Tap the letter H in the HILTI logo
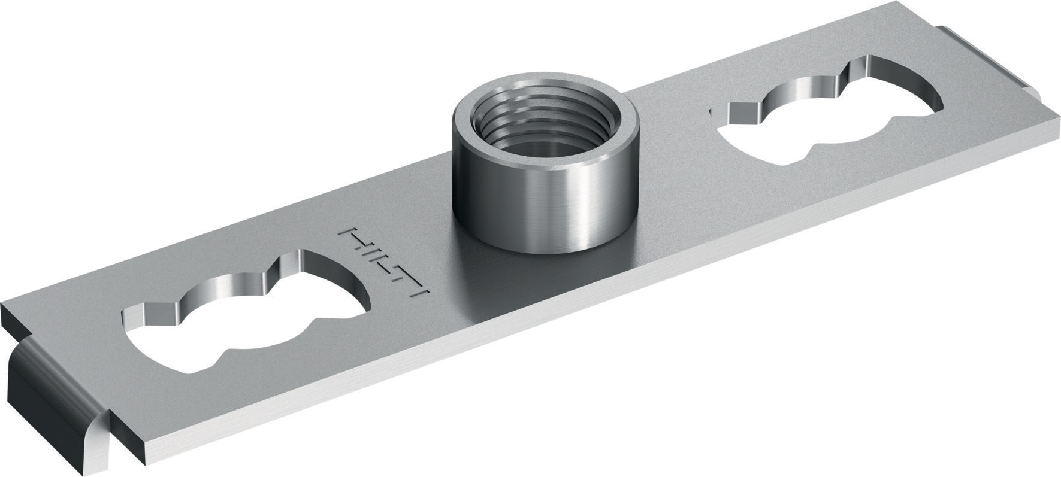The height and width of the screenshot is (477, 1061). click(353, 238)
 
